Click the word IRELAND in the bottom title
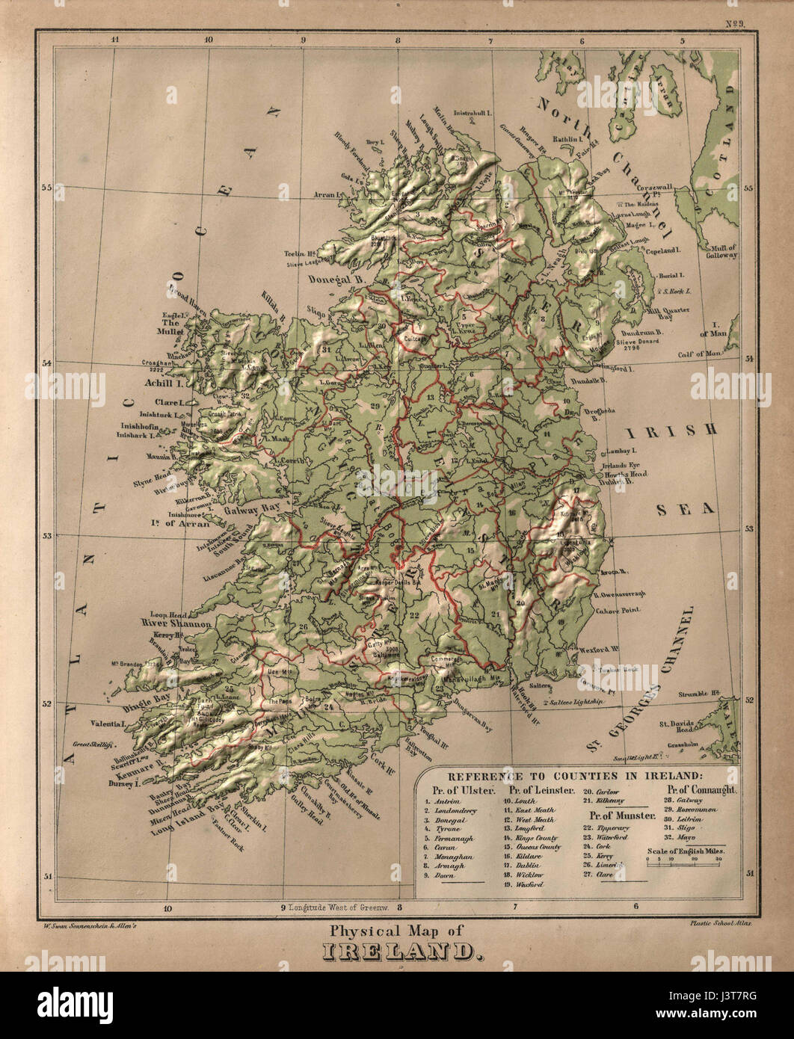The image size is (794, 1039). (x=397, y=952)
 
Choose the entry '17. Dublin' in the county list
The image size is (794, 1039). (x=525, y=865)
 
